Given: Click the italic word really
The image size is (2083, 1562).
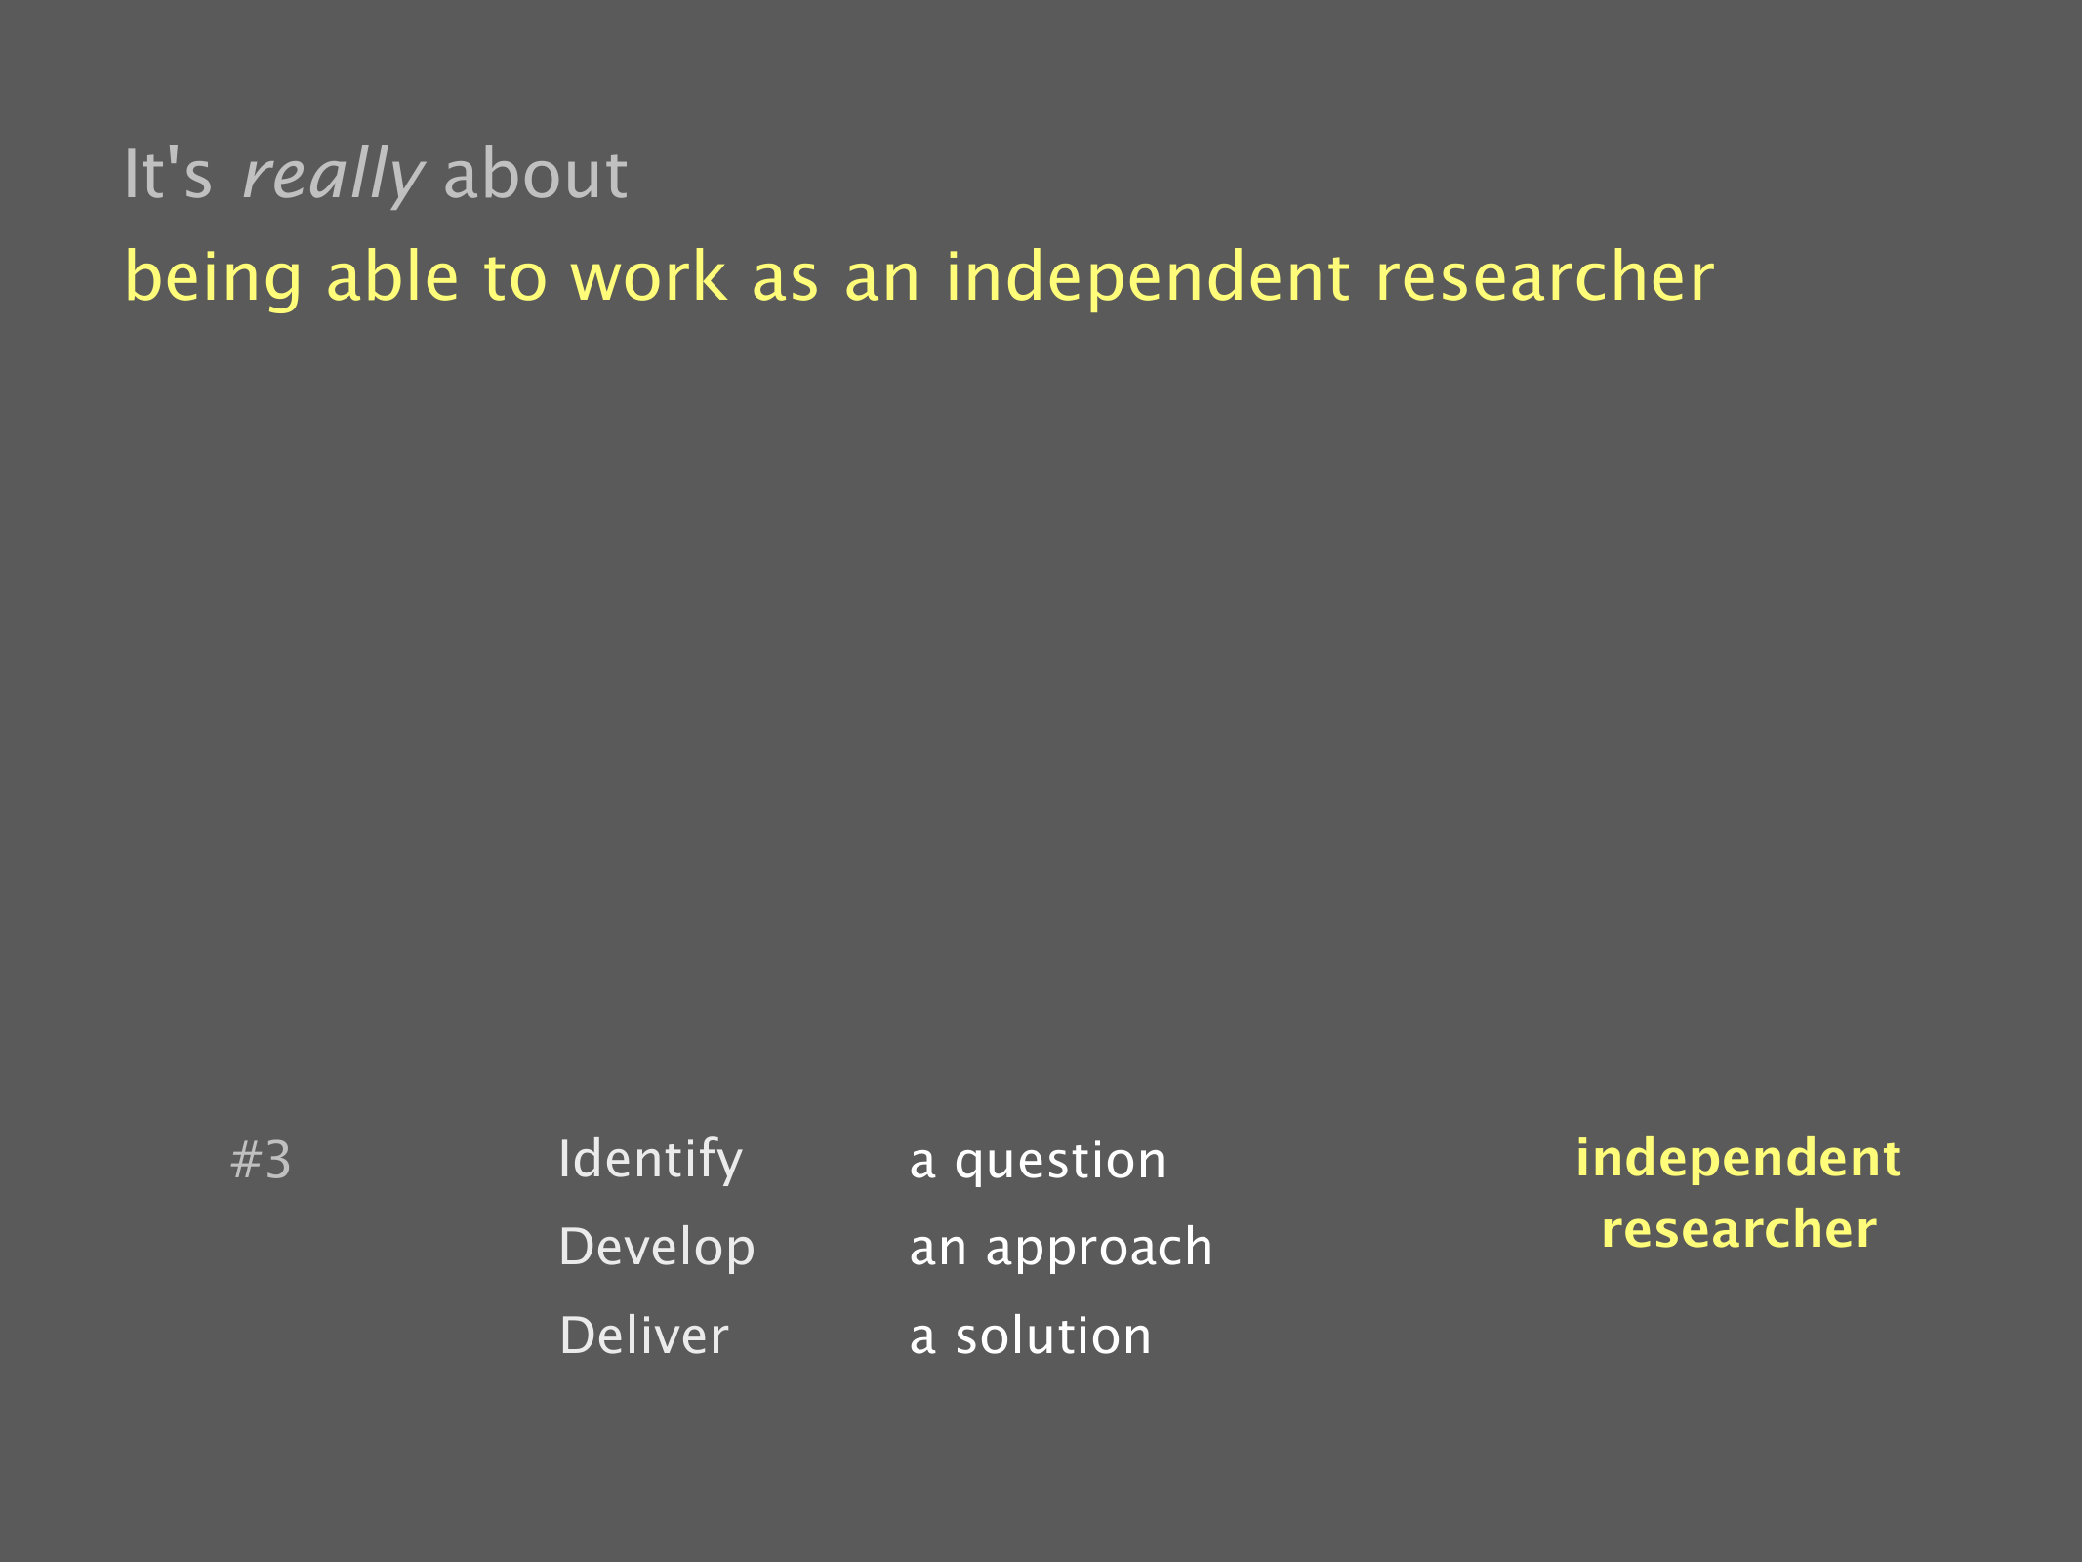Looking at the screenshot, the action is tap(333, 176).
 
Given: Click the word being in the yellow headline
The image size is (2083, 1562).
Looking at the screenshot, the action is tap(214, 278).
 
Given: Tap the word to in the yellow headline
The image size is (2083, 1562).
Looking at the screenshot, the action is tap(515, 278).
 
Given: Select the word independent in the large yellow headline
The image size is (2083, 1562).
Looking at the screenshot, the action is tap(1148, 278).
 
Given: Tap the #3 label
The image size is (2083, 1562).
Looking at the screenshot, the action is tap(261, 1161).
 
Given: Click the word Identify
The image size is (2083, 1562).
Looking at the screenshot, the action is tap(650, 1161).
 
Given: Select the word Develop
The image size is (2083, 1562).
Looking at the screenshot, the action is tap(657, 1249).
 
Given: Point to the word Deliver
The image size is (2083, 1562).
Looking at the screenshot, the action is tap(644, 1336).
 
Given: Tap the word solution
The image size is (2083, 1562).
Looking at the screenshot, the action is tap(1053, 1336).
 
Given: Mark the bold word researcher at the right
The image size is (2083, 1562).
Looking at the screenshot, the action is tap(1738, 1229).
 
